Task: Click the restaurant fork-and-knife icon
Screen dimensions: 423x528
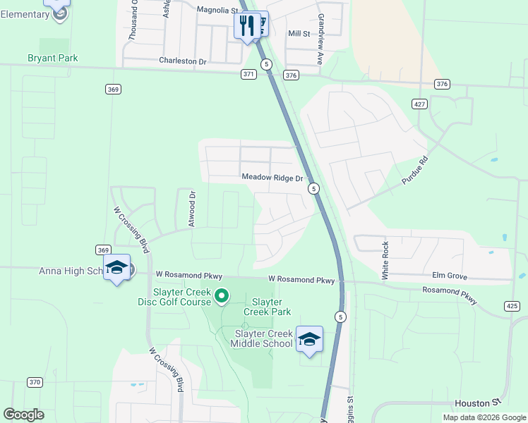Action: (246, 26)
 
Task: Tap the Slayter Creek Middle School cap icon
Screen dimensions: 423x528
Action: (309, 339)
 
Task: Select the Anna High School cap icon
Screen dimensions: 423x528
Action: (116, 268)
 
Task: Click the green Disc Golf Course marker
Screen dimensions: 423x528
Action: (222, 296)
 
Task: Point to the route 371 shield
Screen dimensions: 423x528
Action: (248, 74)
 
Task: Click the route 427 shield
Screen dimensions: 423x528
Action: (420, 104)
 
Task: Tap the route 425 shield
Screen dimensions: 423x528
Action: (512, 305)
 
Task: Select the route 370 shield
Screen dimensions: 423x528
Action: (35, 382)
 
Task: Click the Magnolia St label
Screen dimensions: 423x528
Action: (218, 11)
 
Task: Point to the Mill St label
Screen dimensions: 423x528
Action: (299, 34)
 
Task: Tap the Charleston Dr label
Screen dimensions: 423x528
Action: (182, 61)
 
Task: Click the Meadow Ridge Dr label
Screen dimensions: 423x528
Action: (272, 178)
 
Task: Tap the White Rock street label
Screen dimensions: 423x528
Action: (385, 261)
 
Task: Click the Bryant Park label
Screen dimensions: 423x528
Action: (53, 59)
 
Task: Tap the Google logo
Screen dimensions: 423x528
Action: (23, 414)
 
